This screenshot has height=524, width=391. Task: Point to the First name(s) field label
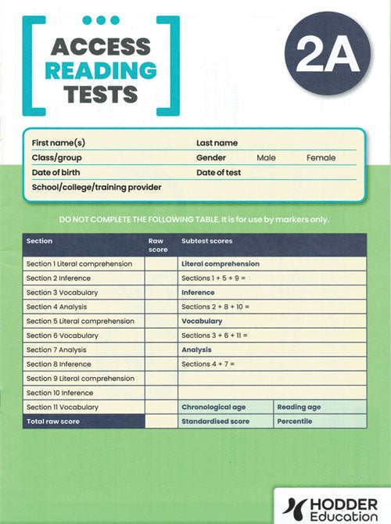click(58, 143)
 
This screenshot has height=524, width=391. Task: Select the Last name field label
click(217, 143)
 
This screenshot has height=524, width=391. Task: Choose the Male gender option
click(266, 158)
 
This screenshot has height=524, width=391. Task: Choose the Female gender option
click(321, 158)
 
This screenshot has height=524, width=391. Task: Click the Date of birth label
click(56, 172)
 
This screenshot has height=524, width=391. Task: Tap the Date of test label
click(218, 172)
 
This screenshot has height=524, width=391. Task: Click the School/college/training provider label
click(96, 187)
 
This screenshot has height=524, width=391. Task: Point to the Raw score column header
click(158, 245)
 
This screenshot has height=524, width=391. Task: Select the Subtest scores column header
click(206, 241)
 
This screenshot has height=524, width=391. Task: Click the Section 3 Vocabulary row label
click(61, 293)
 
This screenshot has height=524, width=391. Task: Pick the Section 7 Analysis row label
click(57, 350)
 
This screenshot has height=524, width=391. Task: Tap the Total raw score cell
click(52, 422)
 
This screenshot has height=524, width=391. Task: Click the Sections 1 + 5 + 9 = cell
click(213, 278)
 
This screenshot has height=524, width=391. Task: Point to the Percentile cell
click(294, 422)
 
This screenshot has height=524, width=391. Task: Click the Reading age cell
click(298, 407)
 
